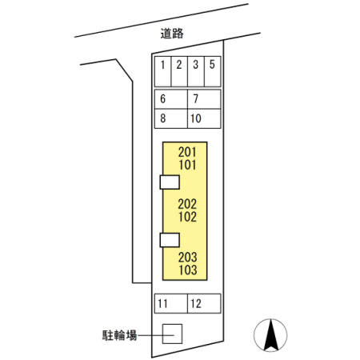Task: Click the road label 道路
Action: pyautogui.click(x=172, y=34)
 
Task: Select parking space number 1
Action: pyautogui.click(x=162, y=71)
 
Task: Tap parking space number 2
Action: pyautogui.click(x=179, y=71)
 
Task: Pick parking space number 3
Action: pyautogui.click(x=196, y=71)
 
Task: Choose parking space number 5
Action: pyautogui.click(x=212, y=71)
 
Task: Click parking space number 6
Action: pyautogui.click(x=171, y=99)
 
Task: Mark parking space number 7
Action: pyautogui.click(x=204, y=99)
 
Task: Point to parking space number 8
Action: pyautogui.click(x=171, y=118)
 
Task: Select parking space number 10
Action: pyautogui.click(x=204, y=118)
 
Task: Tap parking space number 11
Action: pyautogui.click(x=171, y=303)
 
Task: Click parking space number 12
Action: pyautogui.click(x=204, y=303)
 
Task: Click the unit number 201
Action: pyautogui.click(x=187, y=152)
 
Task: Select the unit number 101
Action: pyautogui.click(x=187, y=165)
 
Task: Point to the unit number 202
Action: pyautogui.click(x=187, y=204)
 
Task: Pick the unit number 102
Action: pyautogui.click(x=187, y=217)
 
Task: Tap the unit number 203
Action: pyautogui.click(x=188, y=258)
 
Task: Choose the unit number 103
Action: pyautogui.click(x=188, y=270)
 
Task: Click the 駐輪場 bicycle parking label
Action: pyautogui.click(x=120, y=335)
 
